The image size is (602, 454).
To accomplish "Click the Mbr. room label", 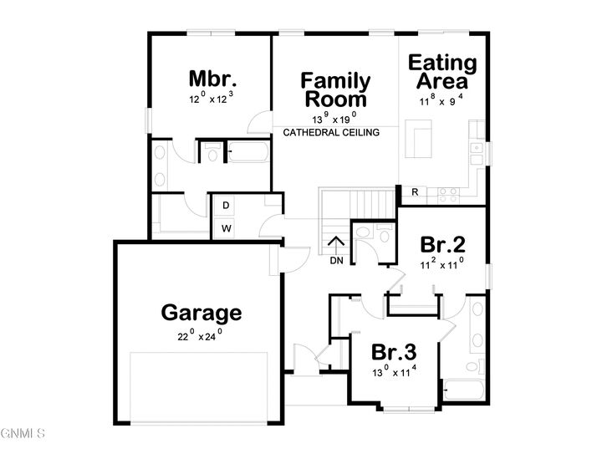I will pyautogui.click(x=212, y=79).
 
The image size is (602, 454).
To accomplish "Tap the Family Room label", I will pyautogui.click(x=335, y=89).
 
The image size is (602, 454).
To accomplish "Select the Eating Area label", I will pyautogui.click(x=441, y=72).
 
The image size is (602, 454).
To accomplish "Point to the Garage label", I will pyautogui.click(x=202, y=314).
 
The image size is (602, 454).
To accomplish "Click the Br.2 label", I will pyautogui.click(x=442, y=245).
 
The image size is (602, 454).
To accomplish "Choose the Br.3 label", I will pyautogui.click(x=394, y=351).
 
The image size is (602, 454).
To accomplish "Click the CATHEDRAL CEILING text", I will pyautogui.click(x=332, y=132).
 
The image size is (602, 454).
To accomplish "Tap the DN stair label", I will pyautogui.click(x=337, y=261).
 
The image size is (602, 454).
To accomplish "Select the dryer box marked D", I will pyautogui.click(x=226, y=206).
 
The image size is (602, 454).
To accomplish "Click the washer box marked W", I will pyautogui.click(x=226, y=227).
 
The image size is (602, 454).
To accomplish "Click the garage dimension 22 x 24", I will pyautogui.click(x=202, y=336).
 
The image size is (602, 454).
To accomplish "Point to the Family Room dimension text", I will pyautogui.click(x=335, y=117).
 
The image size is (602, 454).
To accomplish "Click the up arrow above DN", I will pyautogui.click(x=337, y=245).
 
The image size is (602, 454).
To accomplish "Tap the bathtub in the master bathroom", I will pyautogui.click(x=247, y=153).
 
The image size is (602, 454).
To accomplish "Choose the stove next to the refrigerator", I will pyautogui.click(x=447, y=193).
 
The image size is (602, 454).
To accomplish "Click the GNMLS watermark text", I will pyautogui.click(x=23, y=433).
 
